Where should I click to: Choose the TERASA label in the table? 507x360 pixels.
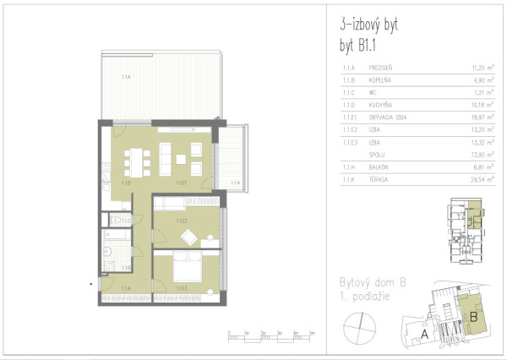pyautogui.click(x=379, y=178)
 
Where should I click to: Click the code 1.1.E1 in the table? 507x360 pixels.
pyautogui.click(x=346, y=118)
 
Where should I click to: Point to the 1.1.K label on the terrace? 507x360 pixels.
pyautogui.click(x=126, y=77)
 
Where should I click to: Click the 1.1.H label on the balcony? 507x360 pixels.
pyautogui.click(x=236, y=182)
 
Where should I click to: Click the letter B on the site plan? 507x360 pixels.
pyautogui.click(x=474, y=316)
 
